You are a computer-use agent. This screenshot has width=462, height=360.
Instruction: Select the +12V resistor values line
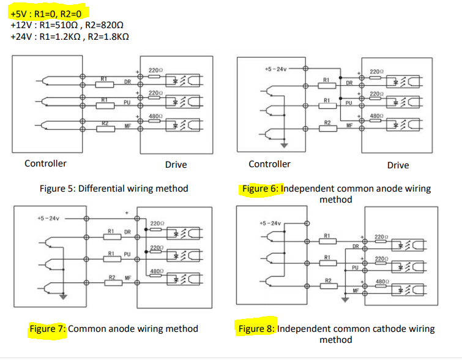pyautogui.click(x=67, y=25)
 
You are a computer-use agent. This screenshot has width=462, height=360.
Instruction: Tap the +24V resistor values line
pyautogui.click(x=70, y=37)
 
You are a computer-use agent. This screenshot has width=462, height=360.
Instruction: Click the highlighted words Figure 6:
pyautogui.click(x=260, y=189)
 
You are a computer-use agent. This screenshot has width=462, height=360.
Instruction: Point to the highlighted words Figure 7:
pyautogui.click(x=47, y=329)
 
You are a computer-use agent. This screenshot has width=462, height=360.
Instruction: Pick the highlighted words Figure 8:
pyautogui.click(x=257, y=329)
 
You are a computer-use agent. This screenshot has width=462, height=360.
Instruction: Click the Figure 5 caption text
pyautogui.click(x=114, y=188)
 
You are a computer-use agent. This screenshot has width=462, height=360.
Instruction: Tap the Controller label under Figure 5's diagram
pyautogui.click(x=45, y=163)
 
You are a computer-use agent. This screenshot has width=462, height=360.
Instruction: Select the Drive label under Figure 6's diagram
pyautogui.click(x=398, y=165)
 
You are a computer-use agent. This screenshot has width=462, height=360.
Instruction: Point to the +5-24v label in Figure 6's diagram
pyautogui.click(x=275, y=69)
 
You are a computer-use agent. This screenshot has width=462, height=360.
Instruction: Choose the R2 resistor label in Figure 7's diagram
pyautogui.click(x=112, y=278)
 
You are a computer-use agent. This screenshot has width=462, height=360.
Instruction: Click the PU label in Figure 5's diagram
pyautogui.click(x=127, y=103)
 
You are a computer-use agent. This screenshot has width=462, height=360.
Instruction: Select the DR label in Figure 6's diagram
pyautogui.click(x=349, y=83)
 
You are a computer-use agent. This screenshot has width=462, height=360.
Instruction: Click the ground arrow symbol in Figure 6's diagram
pyautogui.click(x=284, y=145)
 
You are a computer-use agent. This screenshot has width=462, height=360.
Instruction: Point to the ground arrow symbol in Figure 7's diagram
pyautogui.click(x=62, y=298)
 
